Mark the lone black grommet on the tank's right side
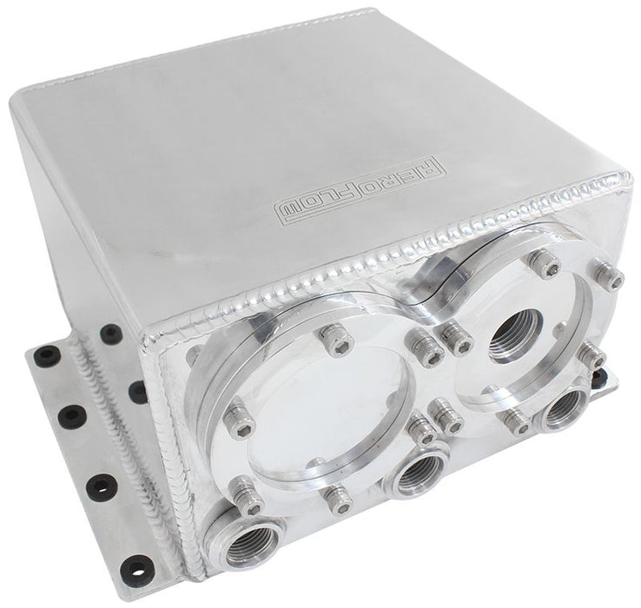[x=622, y=376]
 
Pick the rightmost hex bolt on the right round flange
[x=614, y=279]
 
